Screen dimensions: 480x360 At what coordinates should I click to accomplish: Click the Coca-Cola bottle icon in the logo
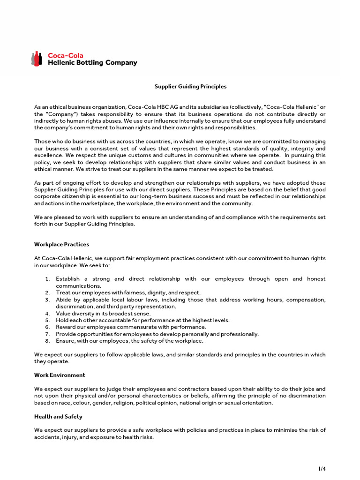(37, 59)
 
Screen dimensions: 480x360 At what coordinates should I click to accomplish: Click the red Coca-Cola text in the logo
(66, 55)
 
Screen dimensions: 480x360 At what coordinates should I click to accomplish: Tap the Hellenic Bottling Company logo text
(93, 63)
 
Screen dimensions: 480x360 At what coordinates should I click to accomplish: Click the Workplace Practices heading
(61, 244)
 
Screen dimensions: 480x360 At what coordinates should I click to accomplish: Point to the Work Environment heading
(60, 375)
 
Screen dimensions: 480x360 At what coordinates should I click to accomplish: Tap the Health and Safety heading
(58, 416)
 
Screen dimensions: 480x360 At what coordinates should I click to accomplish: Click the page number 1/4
(323, 468)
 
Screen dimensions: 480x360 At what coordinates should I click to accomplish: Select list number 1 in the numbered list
(47, 279)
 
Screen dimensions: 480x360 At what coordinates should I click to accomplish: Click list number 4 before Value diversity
(47, 313)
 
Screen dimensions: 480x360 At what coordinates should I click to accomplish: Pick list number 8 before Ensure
(47, 341)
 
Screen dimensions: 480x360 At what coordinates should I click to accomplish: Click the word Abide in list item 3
(63, 300)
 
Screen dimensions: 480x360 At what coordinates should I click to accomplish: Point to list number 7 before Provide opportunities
(47, 334)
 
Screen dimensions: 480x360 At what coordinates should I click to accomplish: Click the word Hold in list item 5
(62, 320)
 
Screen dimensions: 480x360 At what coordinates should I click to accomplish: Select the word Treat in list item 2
(63, 292)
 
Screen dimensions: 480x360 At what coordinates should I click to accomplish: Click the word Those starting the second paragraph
(43, 141)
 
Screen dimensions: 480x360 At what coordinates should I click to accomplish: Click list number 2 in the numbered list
(47, 292)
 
